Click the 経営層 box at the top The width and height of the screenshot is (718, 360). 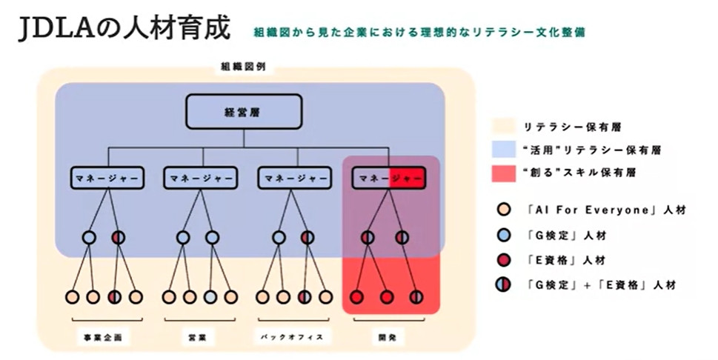[x=244, y=113]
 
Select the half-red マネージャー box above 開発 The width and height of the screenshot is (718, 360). [x=389, y=179]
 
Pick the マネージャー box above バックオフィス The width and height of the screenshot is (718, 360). [x=294, y=179]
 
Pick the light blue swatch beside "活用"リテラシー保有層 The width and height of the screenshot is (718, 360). [x=503, y=150]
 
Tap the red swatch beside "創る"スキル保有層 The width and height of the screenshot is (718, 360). [x=503, y=173]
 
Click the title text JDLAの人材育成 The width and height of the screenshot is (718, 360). [x=123, y=31]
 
